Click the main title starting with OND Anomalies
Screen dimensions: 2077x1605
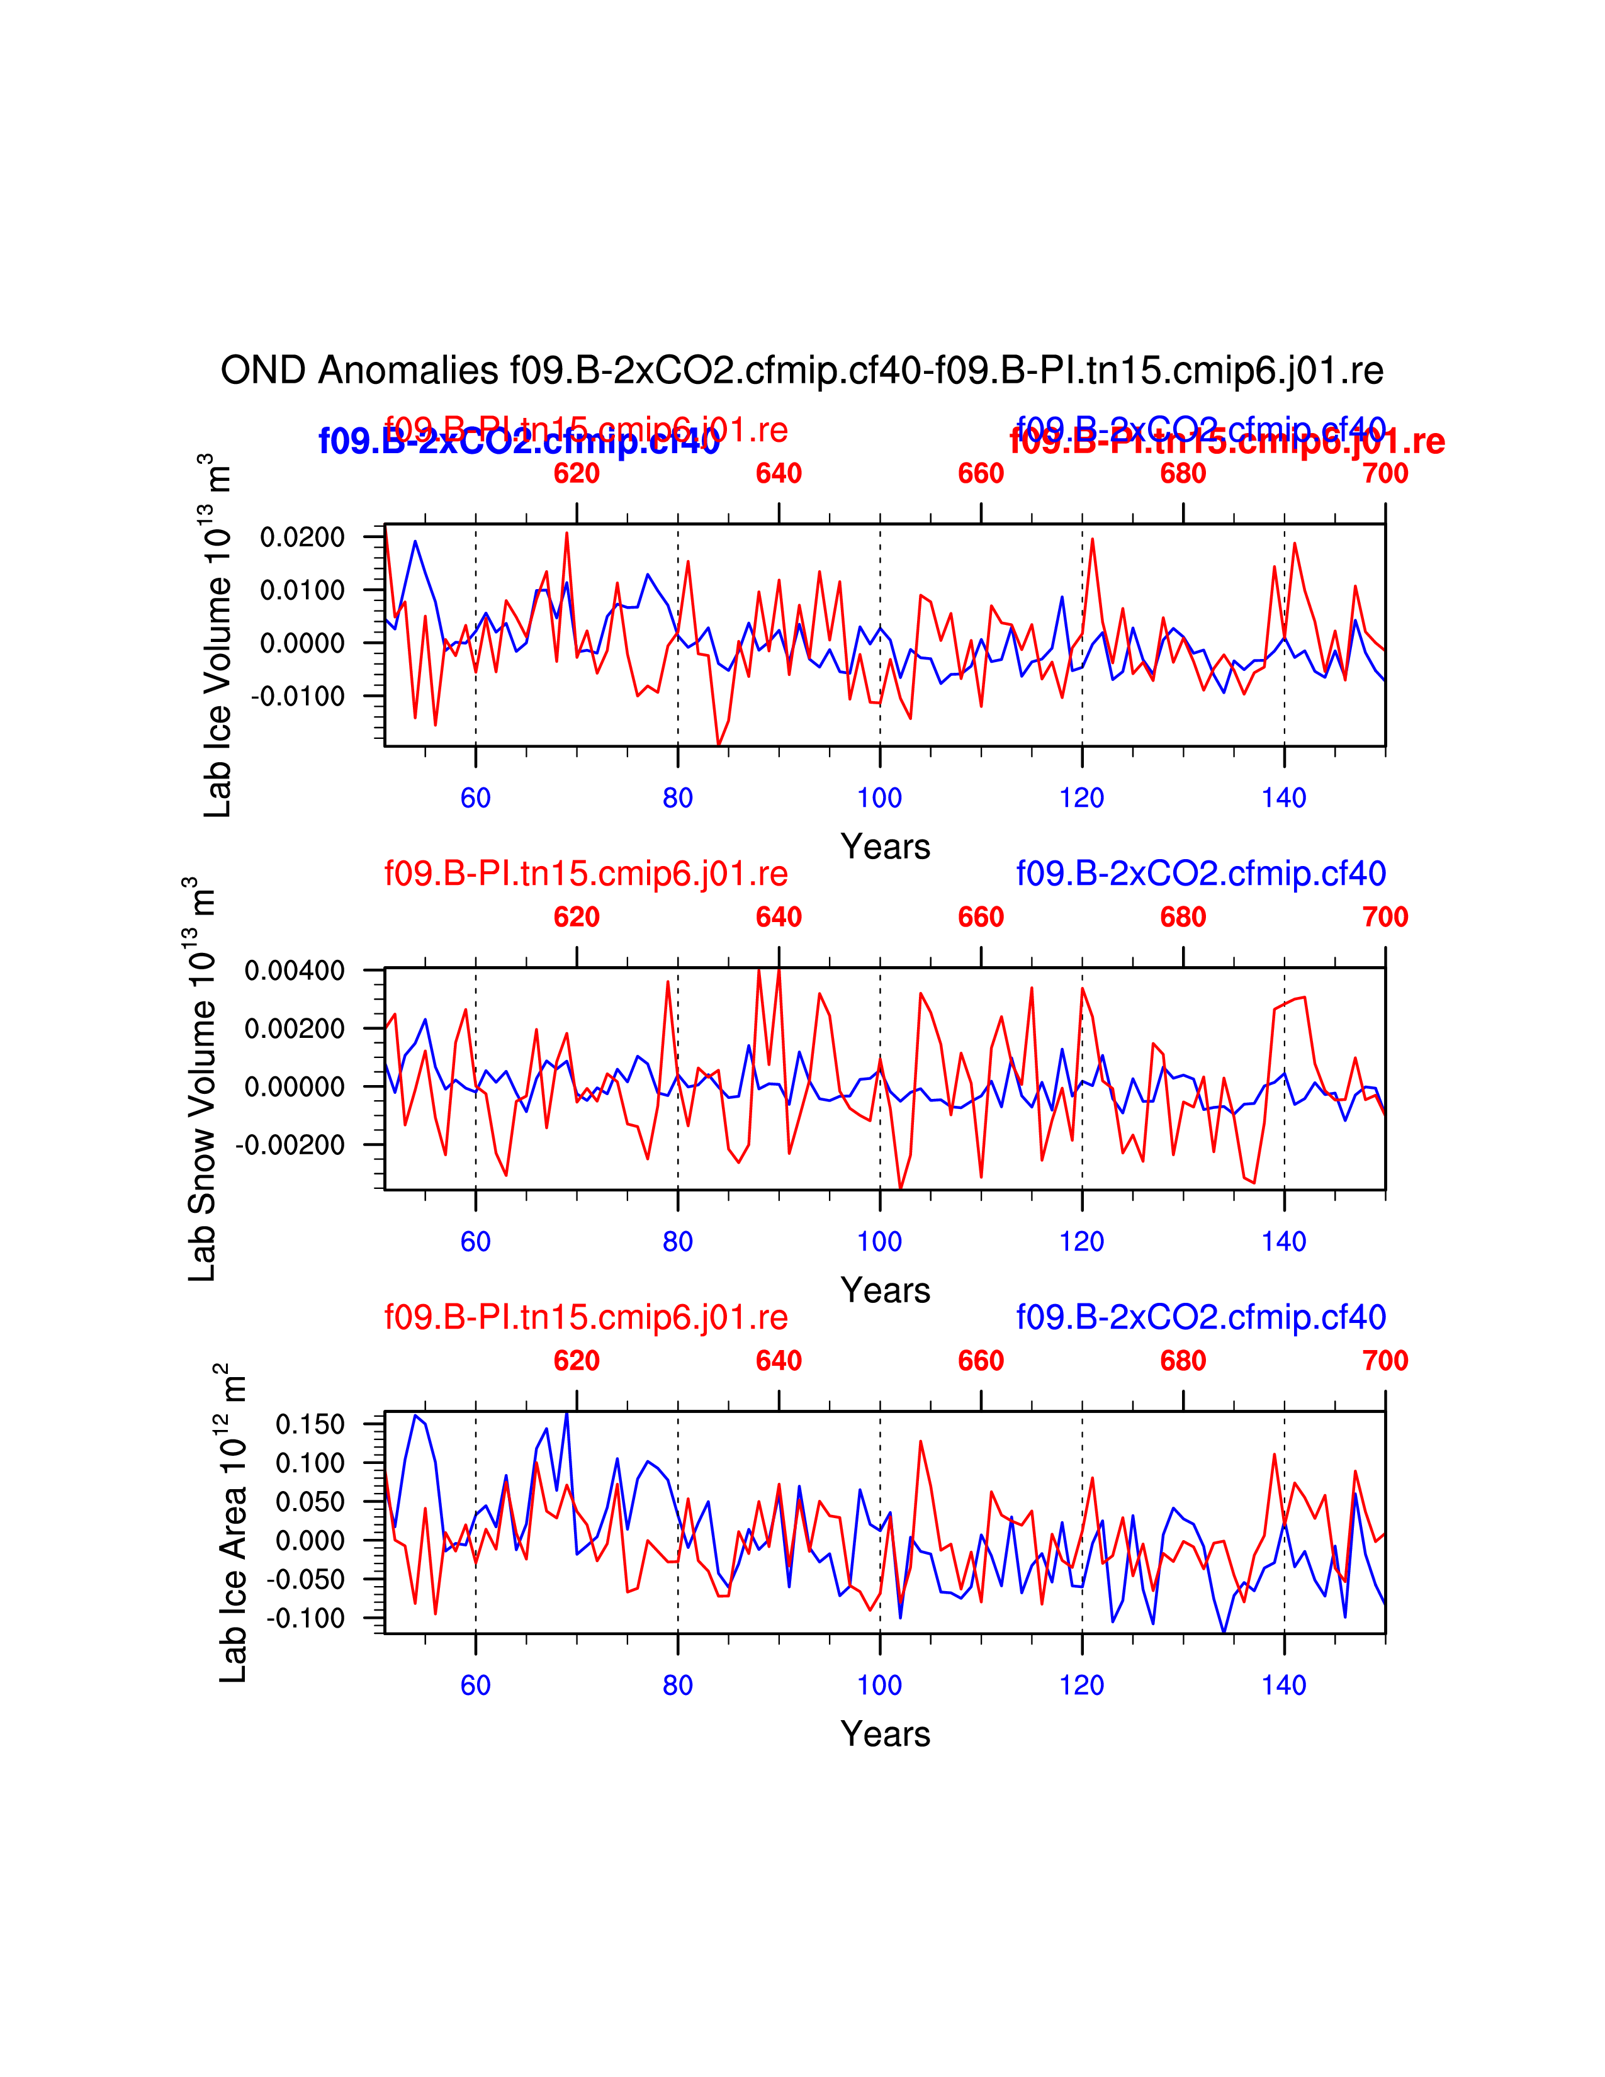pyautogui.click(x=801, y=370)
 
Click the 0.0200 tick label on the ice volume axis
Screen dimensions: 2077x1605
pyautogui.click(x=302, y=538)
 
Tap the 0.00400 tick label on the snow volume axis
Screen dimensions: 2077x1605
pyautogui.click(x=295, y=971)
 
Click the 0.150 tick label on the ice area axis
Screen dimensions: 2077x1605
pyautogui.click(x=310, y=1424)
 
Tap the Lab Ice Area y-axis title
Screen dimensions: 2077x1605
pyautogui.click(x=233, y=1523)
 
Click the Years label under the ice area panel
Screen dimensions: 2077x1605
pyautogui.click(x=885, y=1734)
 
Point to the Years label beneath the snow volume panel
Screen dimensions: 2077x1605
pyautogui.click(x=885, y=1290)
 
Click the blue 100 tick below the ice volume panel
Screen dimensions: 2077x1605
pyautogui.click(x=879, y=798)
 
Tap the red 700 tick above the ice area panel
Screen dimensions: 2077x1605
pyautogui.click(x=1385, y=1361)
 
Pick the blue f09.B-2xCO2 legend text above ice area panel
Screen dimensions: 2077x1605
pyautogui.click(x=1201, y=1317)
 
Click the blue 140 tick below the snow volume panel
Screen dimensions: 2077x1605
pyautogui.click(x=1283, y=1242)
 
